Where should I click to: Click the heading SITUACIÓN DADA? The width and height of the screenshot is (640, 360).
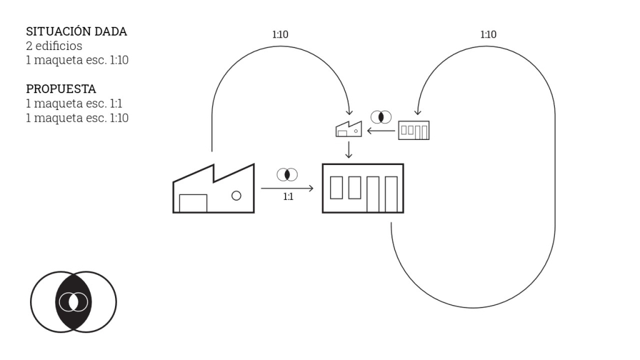(76, 31)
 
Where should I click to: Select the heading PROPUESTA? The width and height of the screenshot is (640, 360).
(61, 89)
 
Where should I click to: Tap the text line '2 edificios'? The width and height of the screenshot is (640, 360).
(54, 46)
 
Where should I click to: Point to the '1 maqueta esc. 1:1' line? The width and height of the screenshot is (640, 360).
(74, 103)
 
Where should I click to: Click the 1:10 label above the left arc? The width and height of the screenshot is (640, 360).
(281, 35)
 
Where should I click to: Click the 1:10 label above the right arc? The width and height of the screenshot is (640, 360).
(488, 35)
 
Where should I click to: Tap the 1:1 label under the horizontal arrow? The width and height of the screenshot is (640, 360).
(288, 197)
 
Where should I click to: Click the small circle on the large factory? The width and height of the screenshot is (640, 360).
(236, 196)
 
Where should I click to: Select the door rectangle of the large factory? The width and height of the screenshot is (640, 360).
(193, 203)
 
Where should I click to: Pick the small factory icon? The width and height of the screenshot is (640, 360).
(349, 129)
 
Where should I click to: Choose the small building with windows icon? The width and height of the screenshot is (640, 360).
(414, 130)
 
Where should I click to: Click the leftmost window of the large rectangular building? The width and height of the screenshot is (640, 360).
(336, 187)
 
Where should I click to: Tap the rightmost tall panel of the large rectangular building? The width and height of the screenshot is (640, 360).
(391, 194)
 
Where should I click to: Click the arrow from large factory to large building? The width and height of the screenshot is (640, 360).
(287, 188)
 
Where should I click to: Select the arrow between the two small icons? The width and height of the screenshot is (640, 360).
(381, 131)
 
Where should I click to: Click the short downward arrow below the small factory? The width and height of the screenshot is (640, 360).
(349, 150)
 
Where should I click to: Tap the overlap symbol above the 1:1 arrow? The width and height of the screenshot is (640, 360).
(287, 175)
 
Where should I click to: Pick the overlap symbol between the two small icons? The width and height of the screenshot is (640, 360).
(381, 117)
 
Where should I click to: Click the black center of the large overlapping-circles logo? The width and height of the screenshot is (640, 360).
(74, 302)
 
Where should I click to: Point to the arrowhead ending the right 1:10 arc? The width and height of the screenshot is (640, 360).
(417, 112)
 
